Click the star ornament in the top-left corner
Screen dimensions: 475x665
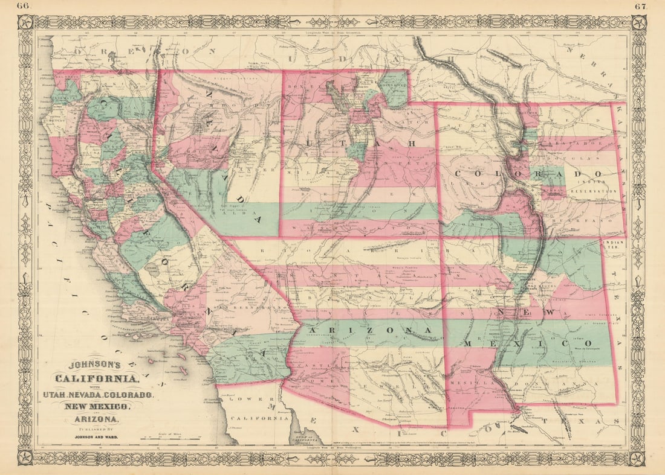tap(25, 23)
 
